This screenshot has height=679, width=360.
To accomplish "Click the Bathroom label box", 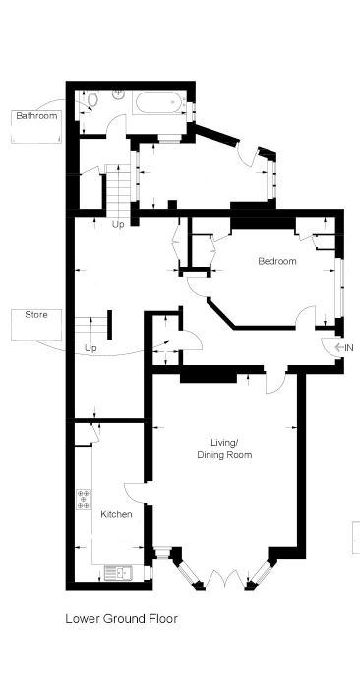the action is pos(36,126).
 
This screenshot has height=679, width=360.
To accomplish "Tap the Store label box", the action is pos(36,325).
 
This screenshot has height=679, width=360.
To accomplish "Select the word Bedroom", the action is pos(277,261).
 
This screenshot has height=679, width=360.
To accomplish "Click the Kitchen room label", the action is pos(116,514).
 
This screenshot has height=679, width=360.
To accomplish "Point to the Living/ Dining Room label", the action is pos(224,449).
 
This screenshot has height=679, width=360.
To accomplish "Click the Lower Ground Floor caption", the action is pos(121,619).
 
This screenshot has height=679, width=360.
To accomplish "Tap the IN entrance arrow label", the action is pos(344,347).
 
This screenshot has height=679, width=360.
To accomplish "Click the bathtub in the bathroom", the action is pos(161,103).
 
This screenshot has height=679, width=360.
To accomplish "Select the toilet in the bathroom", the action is pos(91,99).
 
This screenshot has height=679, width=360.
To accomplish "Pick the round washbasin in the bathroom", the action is pos(119,93).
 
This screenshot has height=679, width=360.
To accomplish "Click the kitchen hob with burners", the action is pos(84,499).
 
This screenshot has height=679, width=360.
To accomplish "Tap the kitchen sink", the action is pos(118,573).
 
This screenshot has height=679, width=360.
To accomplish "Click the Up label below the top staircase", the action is pos(118,225).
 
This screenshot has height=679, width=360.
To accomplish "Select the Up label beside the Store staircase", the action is pos(90,348).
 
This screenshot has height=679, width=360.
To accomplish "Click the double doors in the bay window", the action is pos(225,580).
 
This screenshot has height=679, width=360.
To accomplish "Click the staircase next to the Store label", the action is pos(91,328).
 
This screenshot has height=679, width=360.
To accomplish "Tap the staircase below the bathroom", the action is pos(118,190).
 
